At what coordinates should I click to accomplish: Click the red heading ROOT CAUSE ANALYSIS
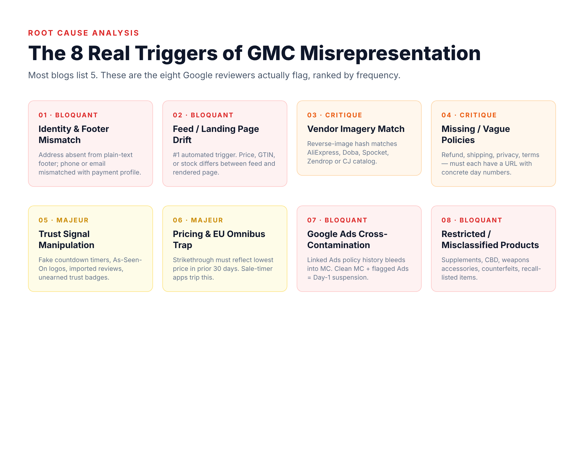84,33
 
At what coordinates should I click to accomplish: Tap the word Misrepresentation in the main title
390,53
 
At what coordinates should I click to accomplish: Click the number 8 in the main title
77,53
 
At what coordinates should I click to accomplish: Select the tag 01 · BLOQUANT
68,115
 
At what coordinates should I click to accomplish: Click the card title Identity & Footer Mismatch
74,134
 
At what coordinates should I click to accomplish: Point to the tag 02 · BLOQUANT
203,115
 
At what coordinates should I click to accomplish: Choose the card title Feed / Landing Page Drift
215,134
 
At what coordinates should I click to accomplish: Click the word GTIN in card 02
266,155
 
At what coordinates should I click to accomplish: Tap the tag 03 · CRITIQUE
335,115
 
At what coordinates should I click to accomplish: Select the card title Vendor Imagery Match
356,129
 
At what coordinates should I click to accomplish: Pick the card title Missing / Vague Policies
475,134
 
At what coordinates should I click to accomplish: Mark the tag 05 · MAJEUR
63,220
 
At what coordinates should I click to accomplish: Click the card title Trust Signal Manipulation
66,239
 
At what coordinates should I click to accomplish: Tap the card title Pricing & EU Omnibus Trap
219,239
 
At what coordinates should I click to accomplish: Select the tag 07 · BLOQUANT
337,220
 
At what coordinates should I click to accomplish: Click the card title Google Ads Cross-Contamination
347,239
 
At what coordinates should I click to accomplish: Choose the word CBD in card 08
491,260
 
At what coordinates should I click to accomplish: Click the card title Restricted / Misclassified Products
490,239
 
